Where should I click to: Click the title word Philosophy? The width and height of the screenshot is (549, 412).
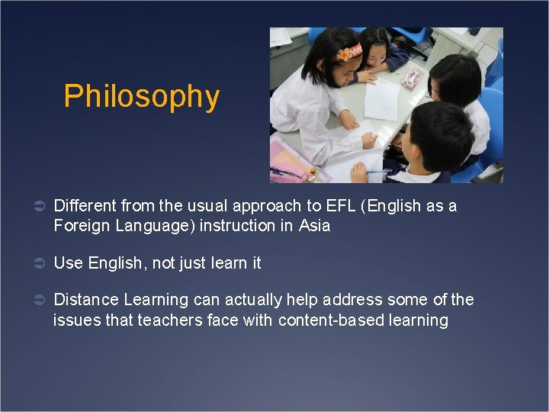click(141, 97)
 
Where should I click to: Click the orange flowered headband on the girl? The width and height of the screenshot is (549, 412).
click(349, 53)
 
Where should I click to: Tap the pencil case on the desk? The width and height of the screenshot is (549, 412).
click(413, 77)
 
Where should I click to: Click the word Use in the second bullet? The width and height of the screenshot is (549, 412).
click(68, 263)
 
